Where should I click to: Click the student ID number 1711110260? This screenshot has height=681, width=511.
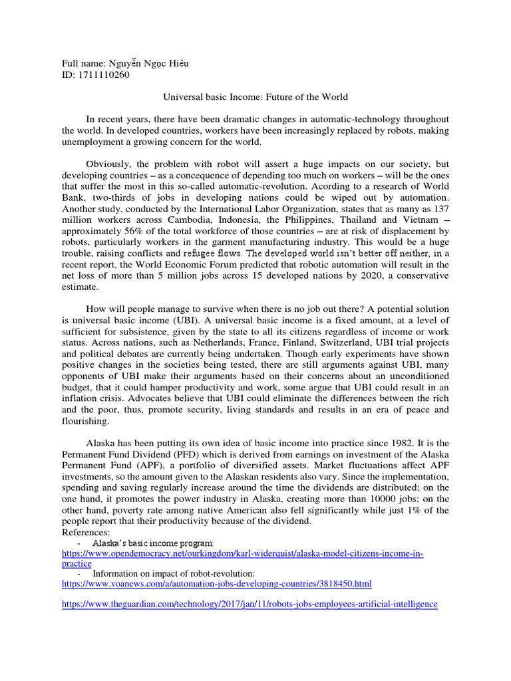coord(103,74)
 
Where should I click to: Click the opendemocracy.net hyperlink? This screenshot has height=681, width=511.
coord(242,554)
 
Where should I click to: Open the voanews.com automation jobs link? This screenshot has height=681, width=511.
coord(216,584)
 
